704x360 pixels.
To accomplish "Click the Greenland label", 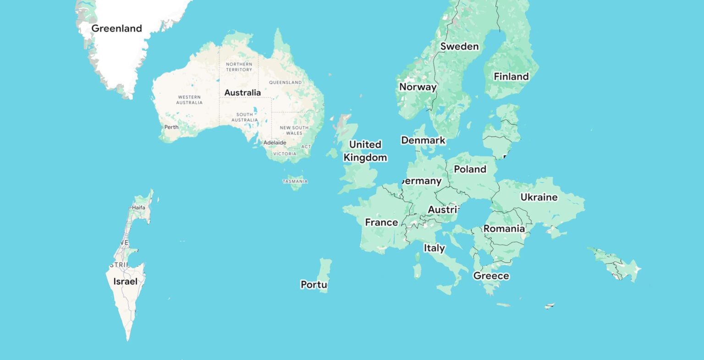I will pyautogui.click(x=116, y=28).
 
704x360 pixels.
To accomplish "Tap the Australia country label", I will pyautogui.click(x=242, y=93).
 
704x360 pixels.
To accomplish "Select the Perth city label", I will pyautogui.click(x=171, y=127).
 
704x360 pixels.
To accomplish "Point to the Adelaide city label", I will pyautogui.click(x=274, y=142).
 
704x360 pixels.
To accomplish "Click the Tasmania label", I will pyautogui.click(x=295, y=181).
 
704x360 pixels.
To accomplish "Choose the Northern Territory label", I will pyautogui.click(x=239, y=67).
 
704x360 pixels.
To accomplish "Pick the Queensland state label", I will pyautogui.click(x=285, y=82).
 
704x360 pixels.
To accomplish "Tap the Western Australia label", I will pyautogui.click(x=189, y=99).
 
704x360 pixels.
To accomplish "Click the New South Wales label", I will pyautogui.click(x=294, y=131).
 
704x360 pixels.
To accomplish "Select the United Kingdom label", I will pyautogui.click(x=365, y=151).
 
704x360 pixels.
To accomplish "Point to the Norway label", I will pyautogui.click(x=418, y=87).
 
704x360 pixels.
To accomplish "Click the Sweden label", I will pyautogui.click(x=459, y=46).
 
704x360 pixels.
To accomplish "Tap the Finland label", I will pyautogui.click(x=511, y=76).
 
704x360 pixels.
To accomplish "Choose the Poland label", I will pyautogui.click(x=470, y=169).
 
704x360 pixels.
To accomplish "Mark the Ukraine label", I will pyautogui.click(x=539, y=197).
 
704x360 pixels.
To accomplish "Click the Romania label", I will pyautogui.click(x=504, y=228).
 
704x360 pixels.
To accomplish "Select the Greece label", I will pyautogui.click(x=491, y=276).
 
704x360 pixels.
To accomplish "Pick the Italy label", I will pyautogui.click(x=434, y=248).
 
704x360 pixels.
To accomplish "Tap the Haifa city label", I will pyautogui.click(x=138, y=207).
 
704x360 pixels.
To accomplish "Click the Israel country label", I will pyautogui.click(x=125, y=281).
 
